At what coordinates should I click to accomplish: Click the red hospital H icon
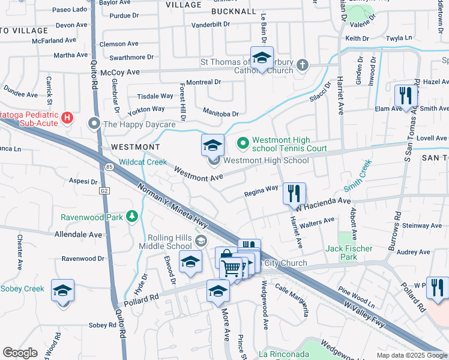tap(67, 117)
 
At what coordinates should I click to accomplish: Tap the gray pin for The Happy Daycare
tap(94, 124)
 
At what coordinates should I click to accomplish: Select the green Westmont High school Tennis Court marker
tap(243, 143)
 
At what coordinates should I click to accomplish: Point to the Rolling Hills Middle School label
tap(166, 241)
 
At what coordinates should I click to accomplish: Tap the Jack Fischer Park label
tap(349, 253)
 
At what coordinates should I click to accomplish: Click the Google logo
tap(20, 353)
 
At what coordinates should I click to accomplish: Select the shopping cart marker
tap(232, 268)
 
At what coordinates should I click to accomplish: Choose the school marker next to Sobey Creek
tap(63, 290)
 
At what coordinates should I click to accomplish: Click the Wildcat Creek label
tap(142, 162)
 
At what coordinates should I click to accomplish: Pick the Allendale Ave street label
tap(78, 235)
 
